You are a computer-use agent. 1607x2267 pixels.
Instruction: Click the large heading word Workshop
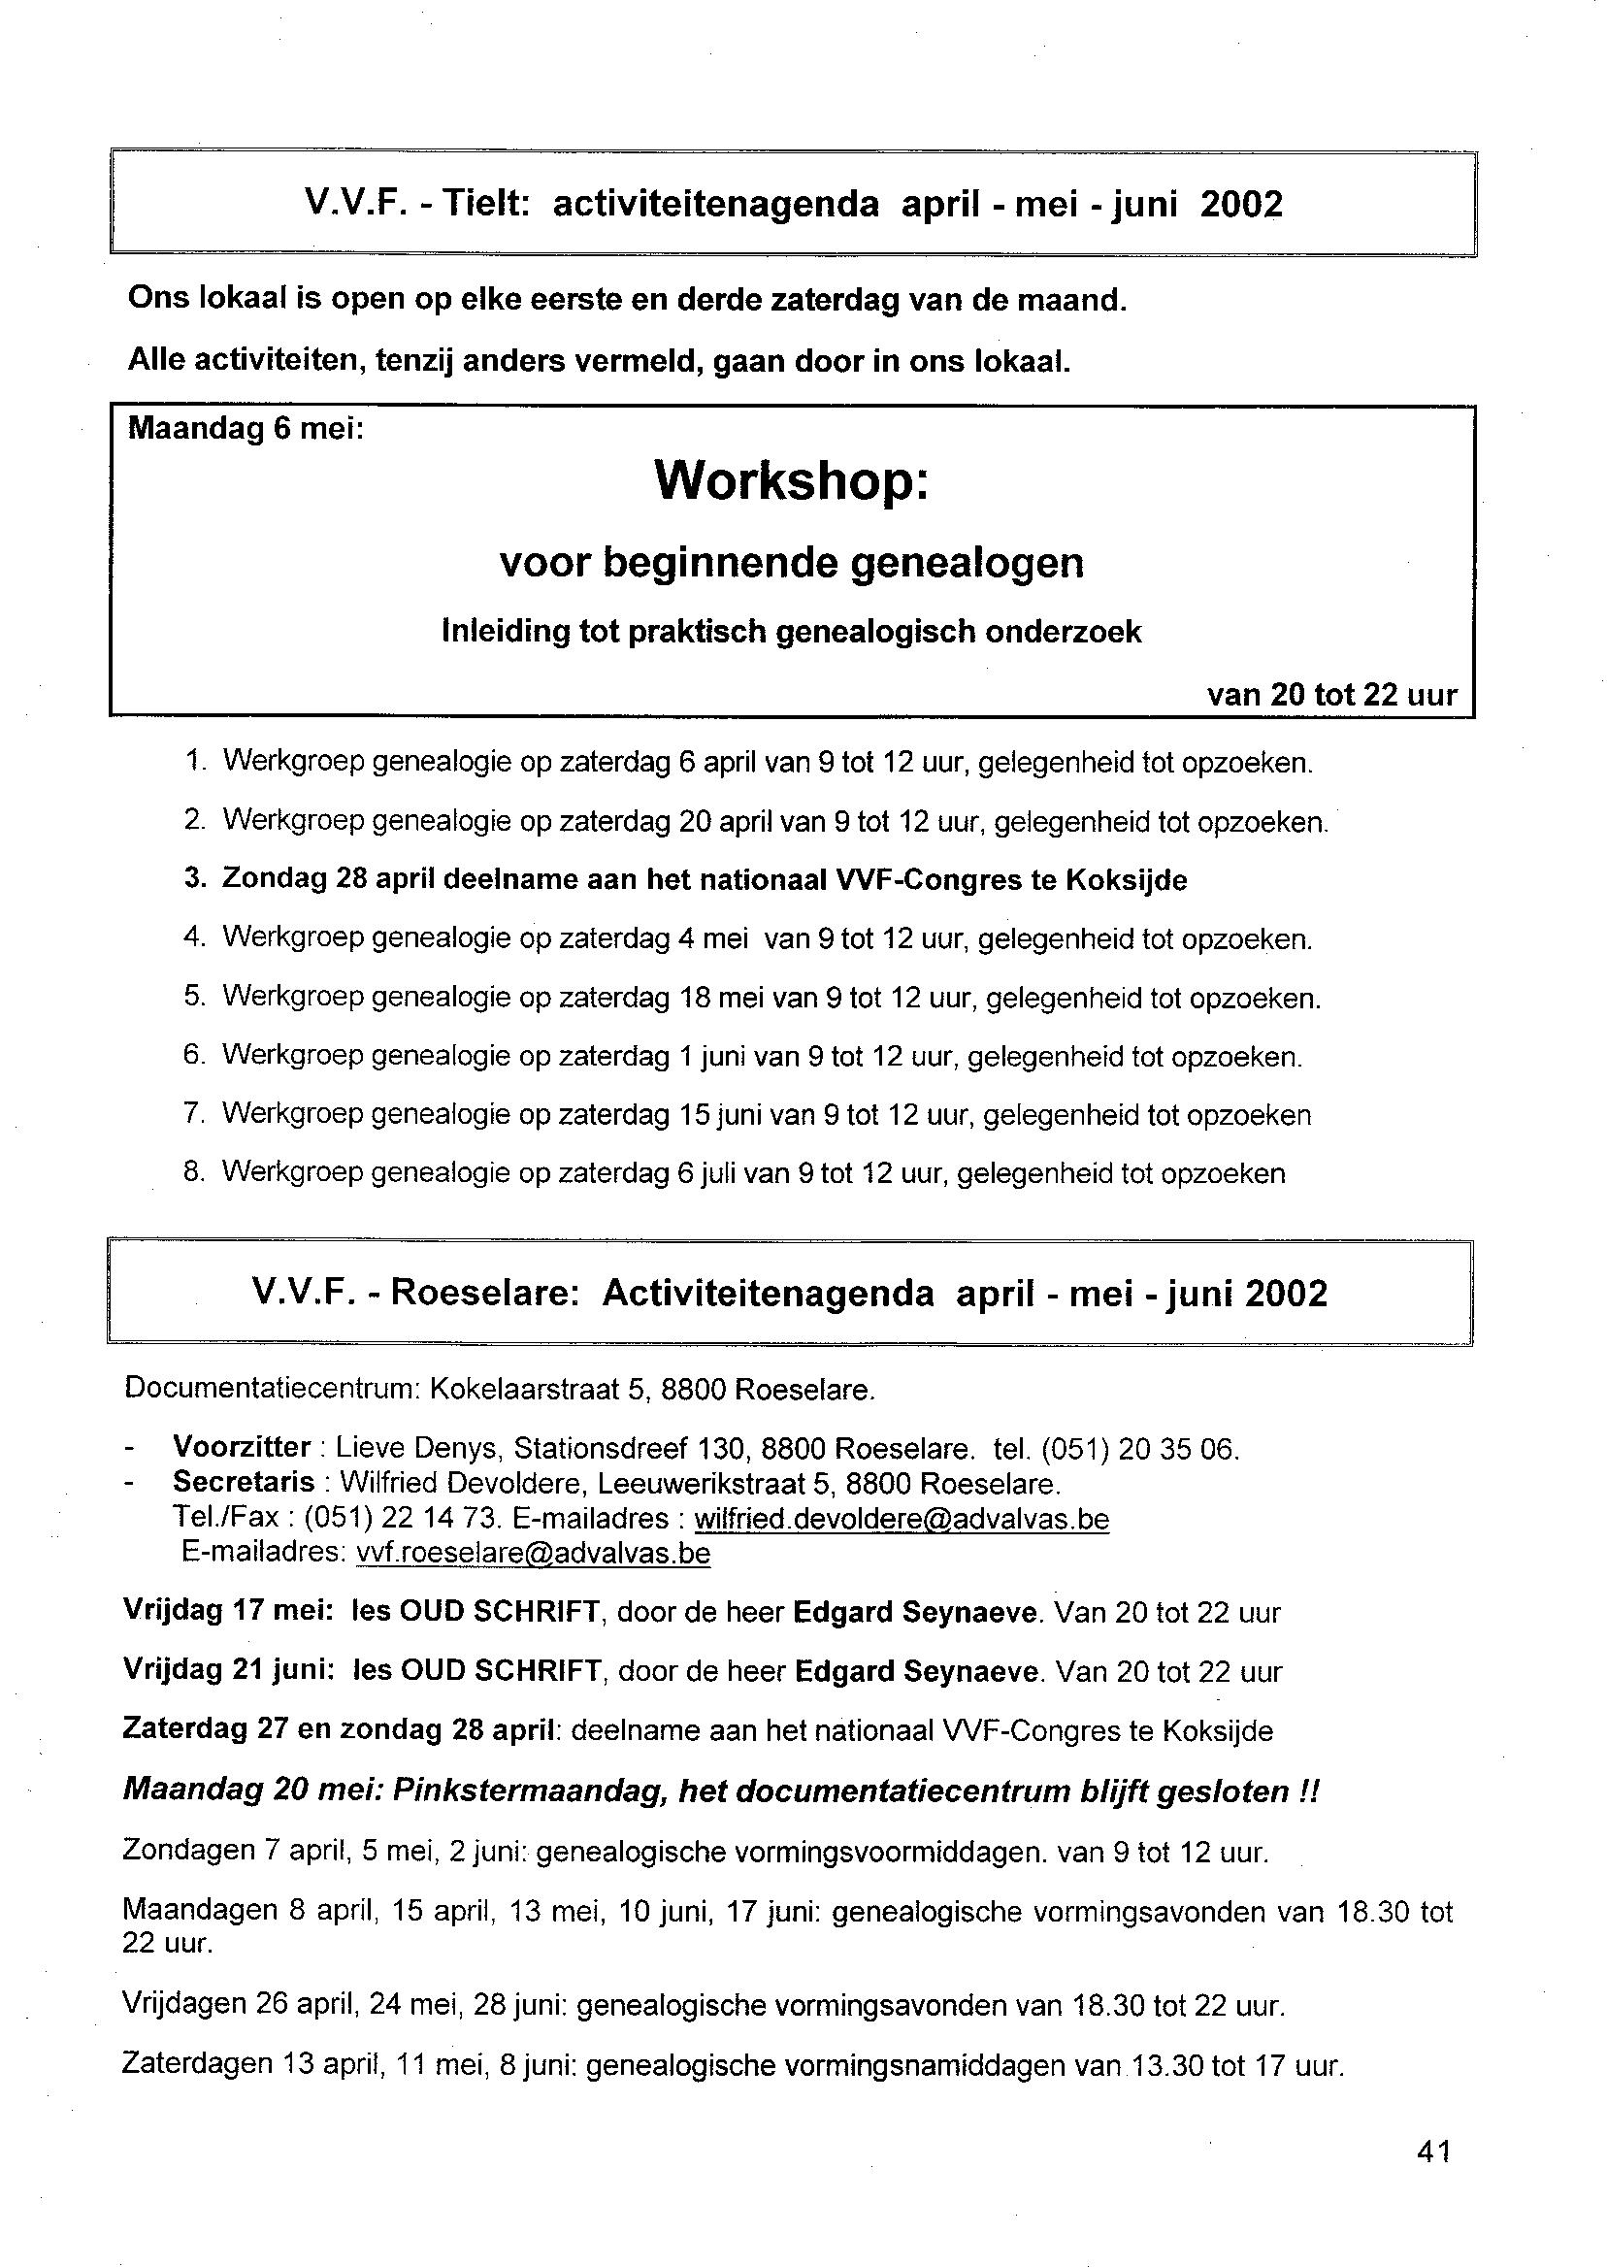point(792,481)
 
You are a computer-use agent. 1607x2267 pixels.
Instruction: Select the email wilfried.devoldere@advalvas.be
point(902,1519)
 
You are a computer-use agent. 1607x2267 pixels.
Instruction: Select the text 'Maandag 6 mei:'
point(246,430)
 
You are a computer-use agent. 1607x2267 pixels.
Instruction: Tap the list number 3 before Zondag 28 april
point(194,878)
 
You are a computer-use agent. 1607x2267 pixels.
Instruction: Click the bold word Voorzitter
point(242,1448)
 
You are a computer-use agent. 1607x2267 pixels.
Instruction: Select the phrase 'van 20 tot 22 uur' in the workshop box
point(1332,695)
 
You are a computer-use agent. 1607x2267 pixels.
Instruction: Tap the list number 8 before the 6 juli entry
point(194,1172)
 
